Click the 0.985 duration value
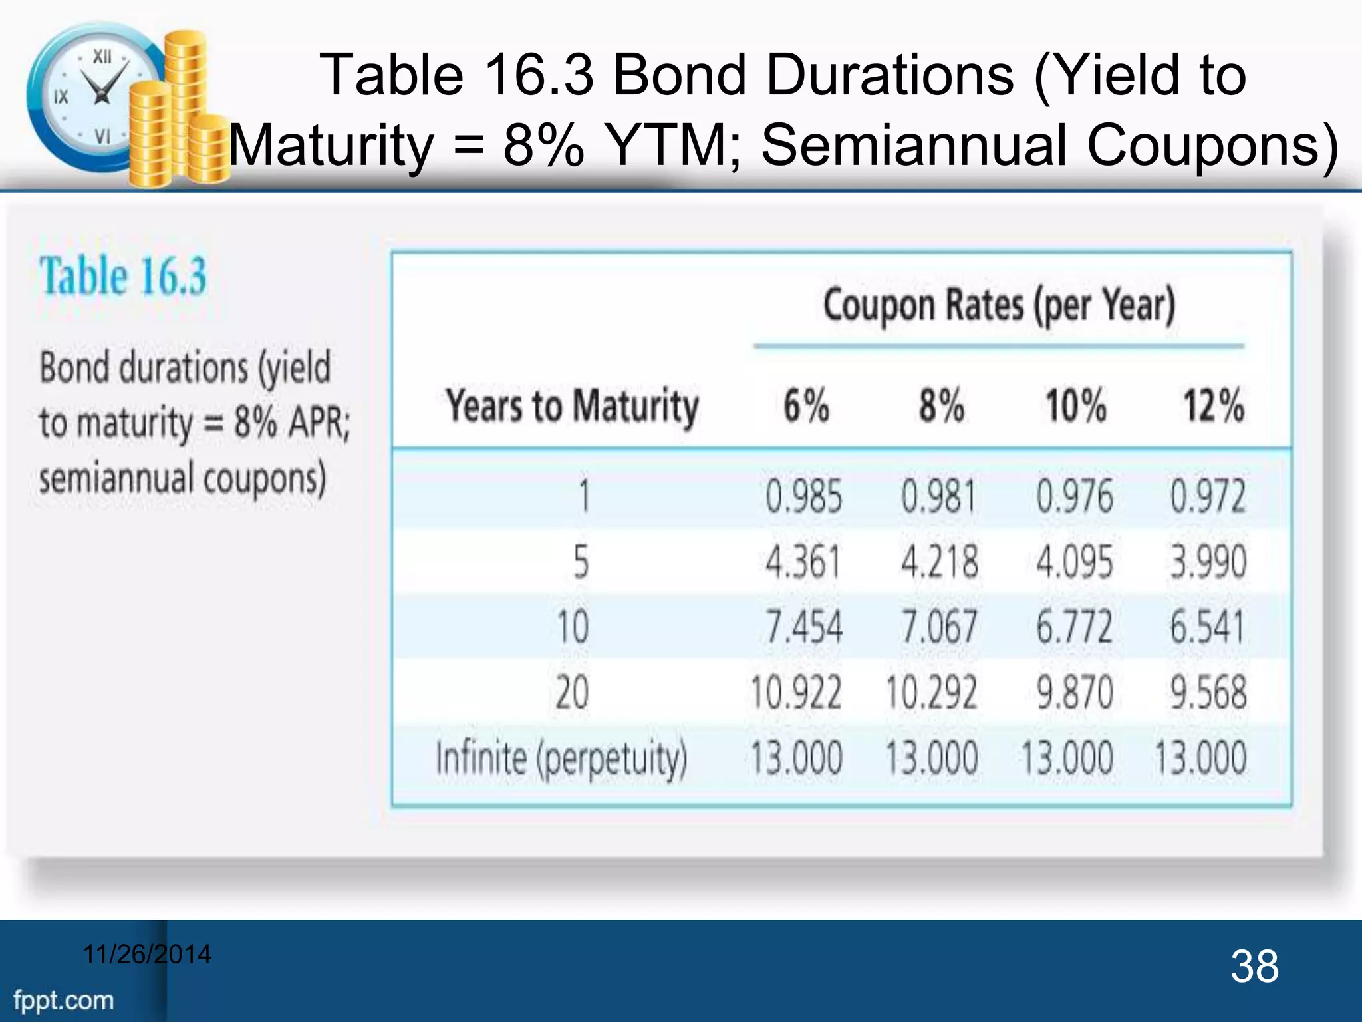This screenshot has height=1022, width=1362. pyautogui.click(x=803, y=496)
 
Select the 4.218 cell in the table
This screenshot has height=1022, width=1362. pyautogui.click(x=939, y=562)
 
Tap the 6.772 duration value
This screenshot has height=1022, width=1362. pyautogui.click(x=1074, y=627)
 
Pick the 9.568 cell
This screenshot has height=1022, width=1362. pyautogui.click(x=1208, y=692)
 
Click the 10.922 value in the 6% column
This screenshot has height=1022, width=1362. pyautogui.click(x=796, y=692)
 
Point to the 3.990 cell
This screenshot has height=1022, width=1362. pyautogui.click(x=1208, y=562)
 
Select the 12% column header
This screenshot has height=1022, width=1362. pyautogui.click(x=1213, y=405)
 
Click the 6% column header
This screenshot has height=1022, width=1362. pyautogui.click(x=806, y=405)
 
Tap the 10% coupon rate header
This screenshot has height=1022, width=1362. pyautogui.click(x=1075, y=405)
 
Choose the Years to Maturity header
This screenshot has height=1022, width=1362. pyautogui.click(x=572, y=405)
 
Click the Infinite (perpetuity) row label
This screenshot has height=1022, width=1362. pyautogui.click(x=561, y=758)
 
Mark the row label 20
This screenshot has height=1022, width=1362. pyautogui.click(x=572, y=692)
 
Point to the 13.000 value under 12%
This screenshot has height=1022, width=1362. pyautogui.click(x=1200, y=758)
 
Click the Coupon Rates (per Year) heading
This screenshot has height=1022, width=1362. pyautogui.click(x=999, y=306)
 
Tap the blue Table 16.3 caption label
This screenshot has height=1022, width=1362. pyautogui.click(x=124, y=276)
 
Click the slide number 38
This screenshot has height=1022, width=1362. pyautogui.click(x=1254, y=967)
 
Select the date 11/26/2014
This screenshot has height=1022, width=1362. pyautogui.click(x=147, y=954)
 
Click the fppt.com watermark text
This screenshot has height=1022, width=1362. pyautogui.click(x=64, y=1000)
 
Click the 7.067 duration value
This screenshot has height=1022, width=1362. pyautogui.click(x=939, y=627)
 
